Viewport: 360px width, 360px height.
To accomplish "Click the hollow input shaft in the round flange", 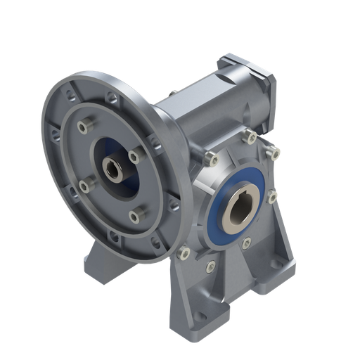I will (x=112, y=169).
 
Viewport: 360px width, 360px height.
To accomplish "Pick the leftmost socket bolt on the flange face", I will (x=83, y=185).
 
